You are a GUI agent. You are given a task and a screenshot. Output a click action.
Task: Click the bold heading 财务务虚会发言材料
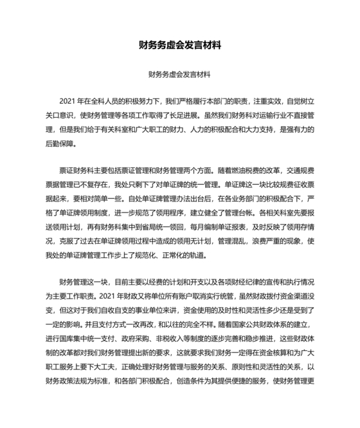pos(180,46)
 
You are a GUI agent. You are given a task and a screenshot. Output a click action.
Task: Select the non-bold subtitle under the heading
pos(180,75)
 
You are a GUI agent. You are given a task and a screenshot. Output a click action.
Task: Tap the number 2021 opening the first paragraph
pos(67,102)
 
